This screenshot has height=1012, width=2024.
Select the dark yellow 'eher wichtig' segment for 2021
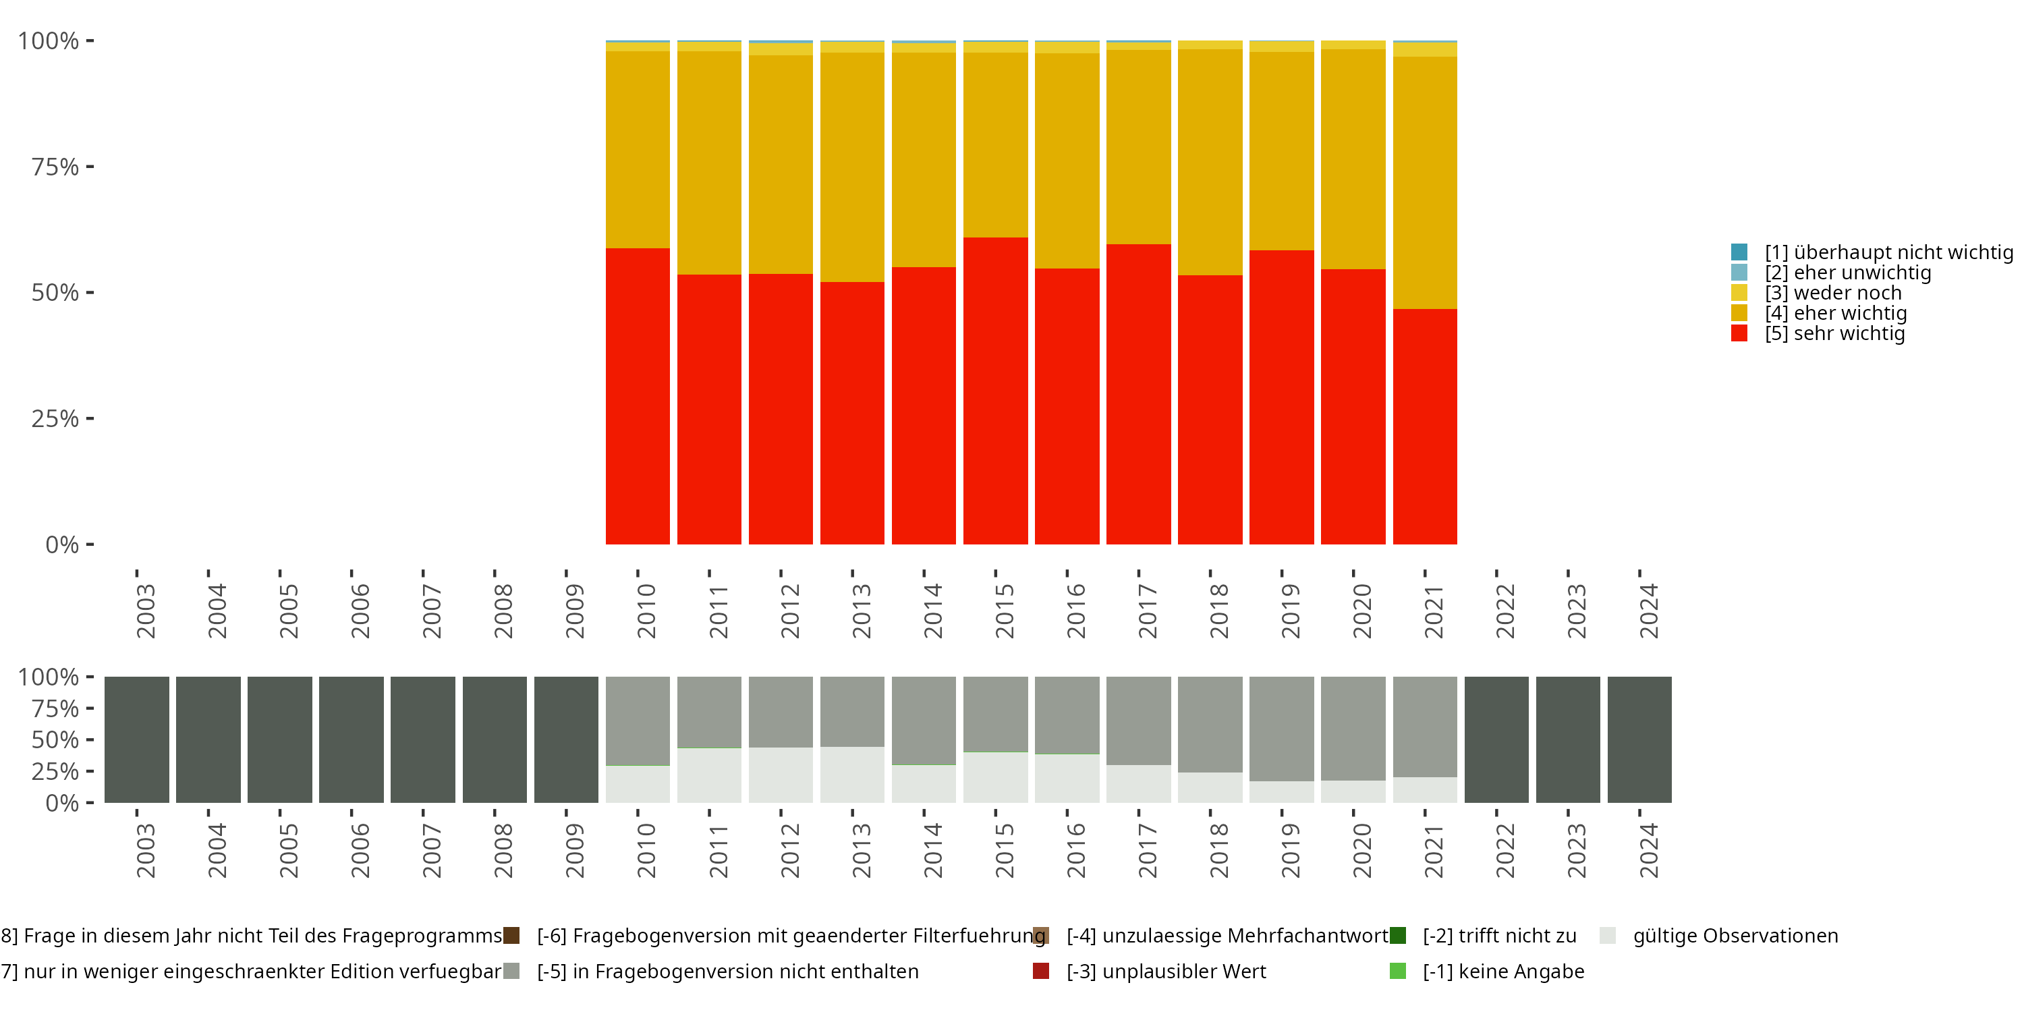(x=1424, y=182)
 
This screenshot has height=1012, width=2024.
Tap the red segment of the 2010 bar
(x=637, y=396)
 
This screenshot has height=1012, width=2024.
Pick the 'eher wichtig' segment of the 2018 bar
(x=1210, y=162)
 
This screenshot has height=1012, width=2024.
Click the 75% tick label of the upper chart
(x=55, y=167)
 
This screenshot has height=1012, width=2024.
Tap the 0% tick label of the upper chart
(x=62, y=544)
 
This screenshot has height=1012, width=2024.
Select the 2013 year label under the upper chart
(x=861, y=611)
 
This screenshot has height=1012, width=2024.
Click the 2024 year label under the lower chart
(x=1648, y=851)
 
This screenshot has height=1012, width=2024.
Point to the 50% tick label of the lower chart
(x=55, y=739)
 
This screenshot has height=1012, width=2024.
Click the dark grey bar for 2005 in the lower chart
(x=280, y=739)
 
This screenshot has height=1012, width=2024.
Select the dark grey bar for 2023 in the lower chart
(x=1567, y=739)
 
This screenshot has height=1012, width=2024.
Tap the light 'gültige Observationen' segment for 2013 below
(x=851, y=775)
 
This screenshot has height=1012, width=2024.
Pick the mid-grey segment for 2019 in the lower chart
(x=1281, y=729)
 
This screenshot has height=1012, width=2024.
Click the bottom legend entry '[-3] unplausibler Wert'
(x=1165, y=971)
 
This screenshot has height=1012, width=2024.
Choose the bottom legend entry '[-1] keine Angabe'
(x=1502, y=971)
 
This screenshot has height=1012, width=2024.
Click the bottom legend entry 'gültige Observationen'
(x=1735, y=936)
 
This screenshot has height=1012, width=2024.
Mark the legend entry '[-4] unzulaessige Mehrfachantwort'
(x=1227, y=936)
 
